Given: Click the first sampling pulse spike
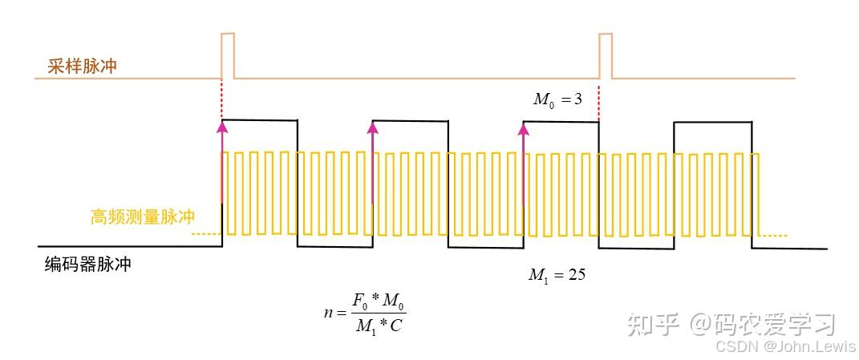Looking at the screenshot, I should click(228, 55).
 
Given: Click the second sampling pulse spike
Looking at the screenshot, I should click(606, 55).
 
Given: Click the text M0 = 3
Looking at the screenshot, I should click(561, 99).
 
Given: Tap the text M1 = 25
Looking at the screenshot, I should click(557, 275).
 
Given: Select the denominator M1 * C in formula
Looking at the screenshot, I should click(379, 325).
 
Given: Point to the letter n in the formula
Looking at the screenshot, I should click(328, 313).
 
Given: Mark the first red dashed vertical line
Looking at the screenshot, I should click(221, 99).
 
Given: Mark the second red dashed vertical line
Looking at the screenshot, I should click(599, 99).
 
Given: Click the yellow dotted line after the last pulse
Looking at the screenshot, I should click(774, 235).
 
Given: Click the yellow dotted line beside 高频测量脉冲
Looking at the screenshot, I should click(206, 233).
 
